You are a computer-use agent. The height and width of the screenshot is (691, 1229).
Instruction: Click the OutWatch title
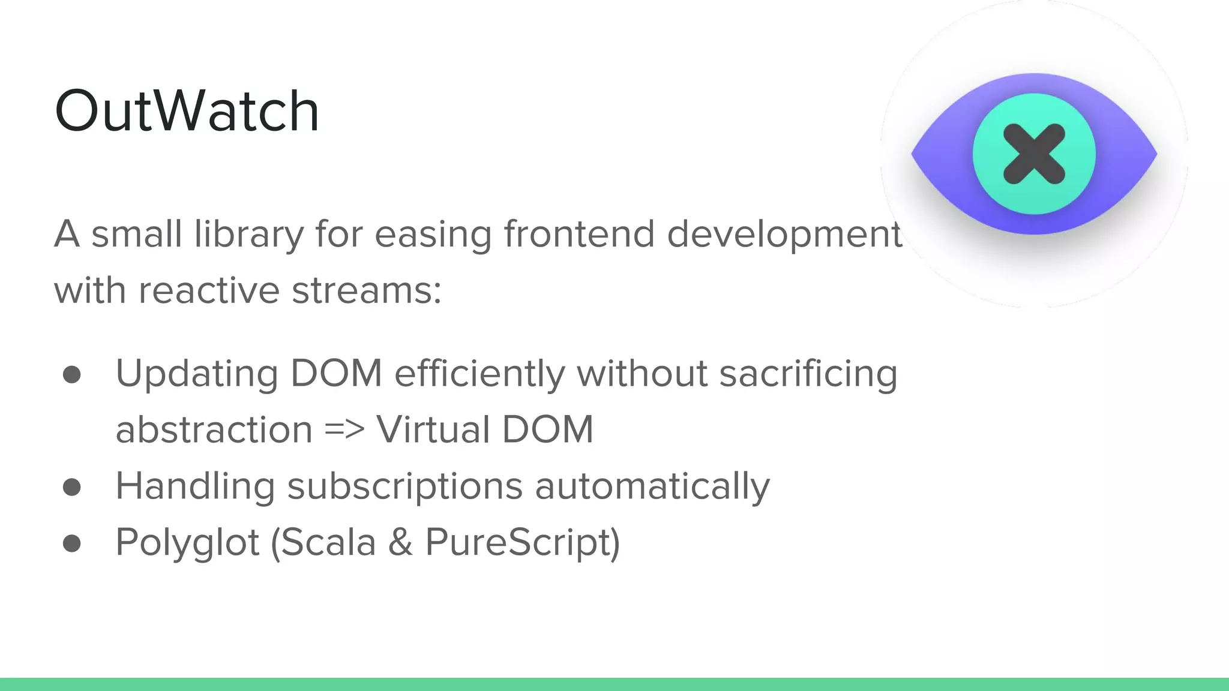(187, 111)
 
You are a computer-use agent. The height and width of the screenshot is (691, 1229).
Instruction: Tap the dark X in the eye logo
(1034, 154)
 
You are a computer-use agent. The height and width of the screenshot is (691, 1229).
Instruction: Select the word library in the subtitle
(249, 234)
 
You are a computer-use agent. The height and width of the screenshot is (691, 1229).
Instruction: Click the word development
(784, 234)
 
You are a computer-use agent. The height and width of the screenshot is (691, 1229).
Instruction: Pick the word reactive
(209, 290)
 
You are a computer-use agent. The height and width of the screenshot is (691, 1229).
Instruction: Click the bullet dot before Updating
(72, 375)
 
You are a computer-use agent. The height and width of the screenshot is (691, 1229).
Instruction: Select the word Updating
(197, 374)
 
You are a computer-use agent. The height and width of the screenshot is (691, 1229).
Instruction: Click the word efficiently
(479, 374)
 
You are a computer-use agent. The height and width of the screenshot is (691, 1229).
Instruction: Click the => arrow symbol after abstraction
(344, 429)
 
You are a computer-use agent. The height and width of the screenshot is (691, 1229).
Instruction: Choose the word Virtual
(433, 429)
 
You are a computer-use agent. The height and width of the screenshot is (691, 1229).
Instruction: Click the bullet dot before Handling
(72, 487)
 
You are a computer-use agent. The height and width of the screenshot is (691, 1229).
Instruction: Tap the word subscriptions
(405, 486)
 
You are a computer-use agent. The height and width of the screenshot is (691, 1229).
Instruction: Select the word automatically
(652, 486)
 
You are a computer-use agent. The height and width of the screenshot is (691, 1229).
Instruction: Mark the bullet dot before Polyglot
(72, 543)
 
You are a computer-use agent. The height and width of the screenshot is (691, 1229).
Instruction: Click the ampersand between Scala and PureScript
(400, 542)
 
